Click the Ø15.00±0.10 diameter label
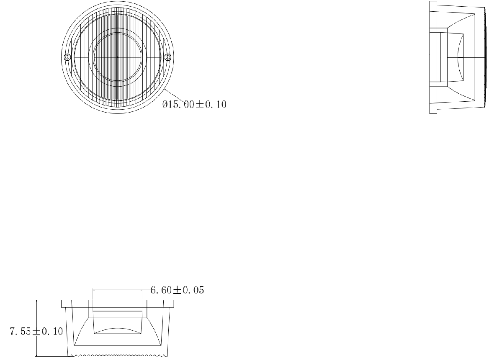(194, 105)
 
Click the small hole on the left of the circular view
(67, 57)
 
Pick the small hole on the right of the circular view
(167, 57)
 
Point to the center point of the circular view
(117, 57)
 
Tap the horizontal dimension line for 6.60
(121, 290)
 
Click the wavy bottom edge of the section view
(119, 357)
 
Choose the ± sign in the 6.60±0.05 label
(177, 290)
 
